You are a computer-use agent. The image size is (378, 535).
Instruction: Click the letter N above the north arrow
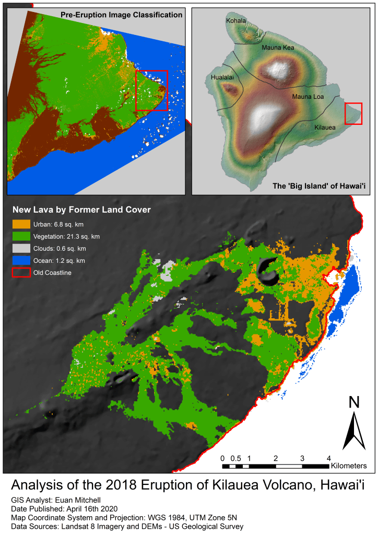pyautogui.click(x=354, y=402)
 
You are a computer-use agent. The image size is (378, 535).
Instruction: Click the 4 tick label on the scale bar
pyautogui.click(x=328, y=458)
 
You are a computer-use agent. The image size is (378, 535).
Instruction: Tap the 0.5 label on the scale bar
pyautogui.click(x=235, y=458)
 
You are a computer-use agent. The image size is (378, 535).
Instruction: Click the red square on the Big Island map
pyautogui.click(x=353, y=114)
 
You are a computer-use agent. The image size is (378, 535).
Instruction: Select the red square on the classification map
pyautogui.click(x=151, y=90)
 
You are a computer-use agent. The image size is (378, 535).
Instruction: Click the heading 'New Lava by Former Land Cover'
pyautogui.click(x=81, y=210)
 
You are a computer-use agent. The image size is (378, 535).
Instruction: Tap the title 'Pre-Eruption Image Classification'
pyautogui.click(x=121, y=15)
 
